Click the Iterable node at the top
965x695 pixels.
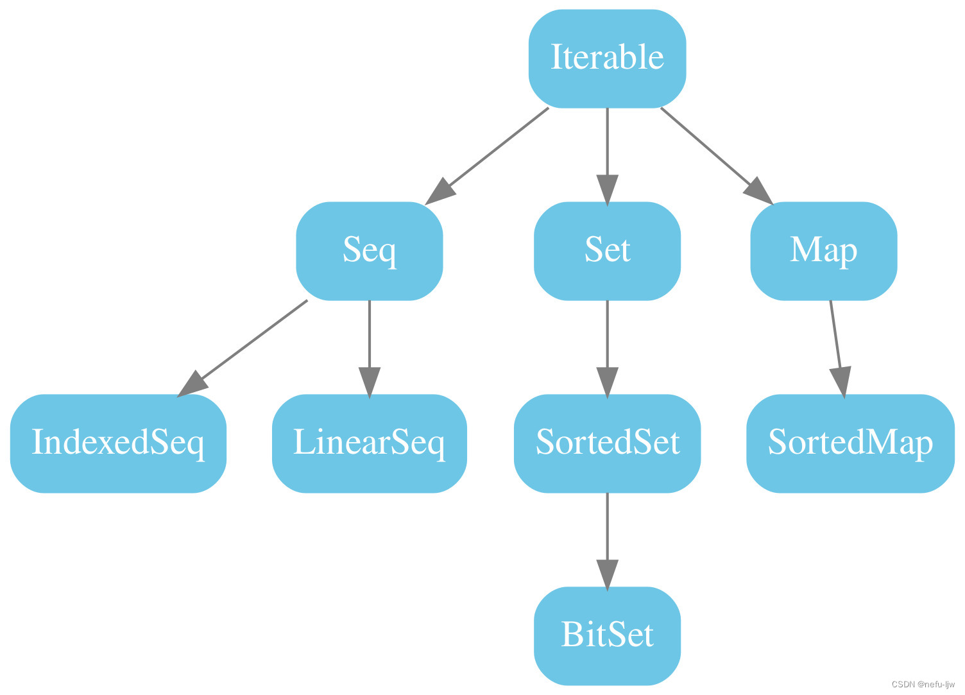pyautogui.click(x=607, y=58)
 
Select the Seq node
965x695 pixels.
pyautogui.click(x=369, y=250)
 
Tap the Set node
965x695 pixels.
pyautogui.click(x=607, y=250)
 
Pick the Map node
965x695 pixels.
pyautogui.click(x=823, y=250)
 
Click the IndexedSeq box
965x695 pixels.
pyautogui.click(x=118, y=443)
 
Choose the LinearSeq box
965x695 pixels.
pyautogui.click(x=369, y=443)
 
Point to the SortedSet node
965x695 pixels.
pyautogui.click(x=607, y=443)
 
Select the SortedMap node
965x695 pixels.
pyautogui.click(x=850, y=443)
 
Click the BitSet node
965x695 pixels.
pyautogui.click(x=607, y=636)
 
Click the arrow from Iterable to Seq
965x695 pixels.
pyautogui.click(x=494, y=151)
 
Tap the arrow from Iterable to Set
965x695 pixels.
pyautogui.click(x=607, y=148)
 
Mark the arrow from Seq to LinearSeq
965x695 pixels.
pyautogui.click(x=369, y=340)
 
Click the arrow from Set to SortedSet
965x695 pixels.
pyautogui.click(x=607, y=340)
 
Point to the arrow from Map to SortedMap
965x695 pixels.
pyautogui.click(x=835, y=340)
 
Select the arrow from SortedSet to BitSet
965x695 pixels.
pyautogui.click(x=607, y=533)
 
